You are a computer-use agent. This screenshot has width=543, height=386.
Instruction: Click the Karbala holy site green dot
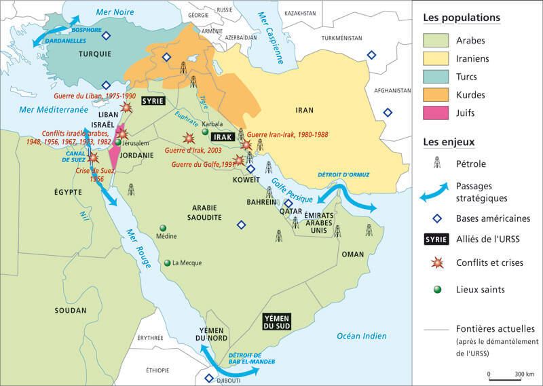point(205,132)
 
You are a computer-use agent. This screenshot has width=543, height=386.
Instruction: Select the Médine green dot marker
point(162,228)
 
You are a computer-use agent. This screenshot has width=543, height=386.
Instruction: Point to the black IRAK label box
point(223,137)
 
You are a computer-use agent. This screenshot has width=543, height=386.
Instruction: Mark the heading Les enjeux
point(448,142)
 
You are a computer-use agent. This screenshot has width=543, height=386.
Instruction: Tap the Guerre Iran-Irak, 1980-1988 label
point(288,135)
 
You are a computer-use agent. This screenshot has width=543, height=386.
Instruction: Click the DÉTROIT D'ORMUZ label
point(343,174)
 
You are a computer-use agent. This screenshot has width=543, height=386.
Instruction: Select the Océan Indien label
point(361,336)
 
